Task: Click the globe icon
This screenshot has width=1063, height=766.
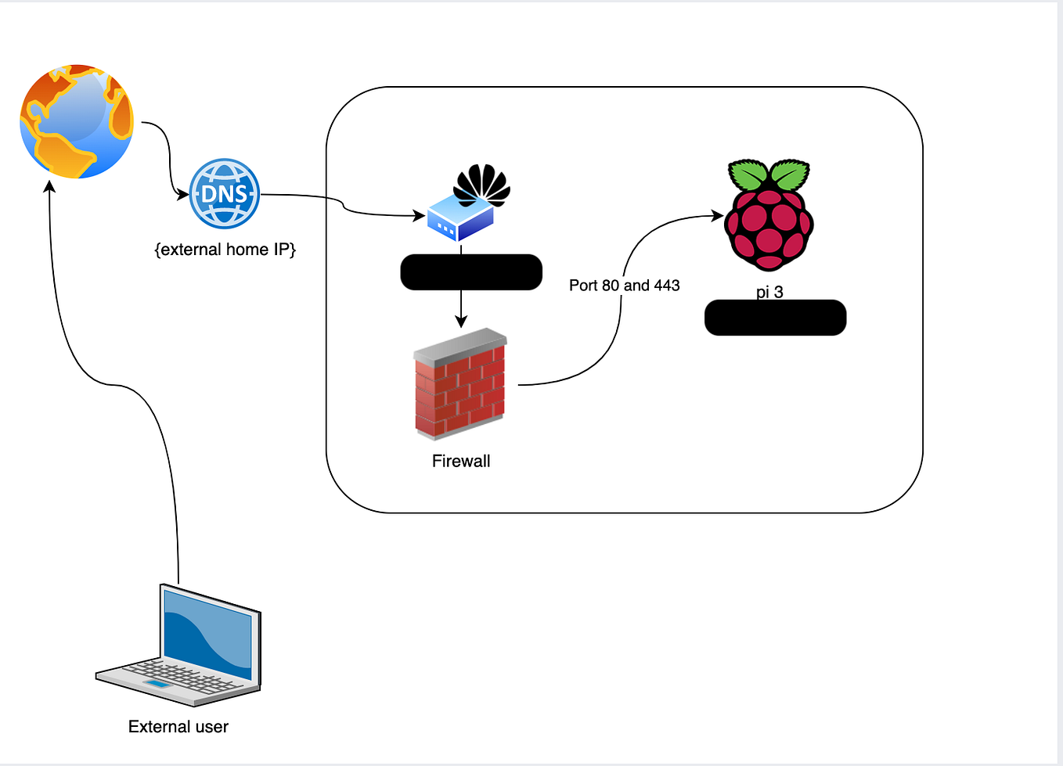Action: pyautogui.click(x=77, y=122)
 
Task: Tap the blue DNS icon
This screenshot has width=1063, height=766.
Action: pyautogui.click(x=225, y=193)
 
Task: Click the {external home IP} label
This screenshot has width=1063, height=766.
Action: pyautogui.click(x=225, y=250)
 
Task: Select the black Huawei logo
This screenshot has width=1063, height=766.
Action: pyautogui.click(x=481, y=184)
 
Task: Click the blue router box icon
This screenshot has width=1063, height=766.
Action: pyautogui.click(x=460, y=218)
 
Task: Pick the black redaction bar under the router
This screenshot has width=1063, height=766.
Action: pyautogui.click(x=471, y=272)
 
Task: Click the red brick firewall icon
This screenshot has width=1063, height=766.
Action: pyautogui.click(x=460, y=384)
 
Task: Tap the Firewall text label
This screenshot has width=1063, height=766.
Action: pyautogui.click(x=461, y=461)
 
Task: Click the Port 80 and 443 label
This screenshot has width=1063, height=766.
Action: pyautogui.click(x=624, y=286)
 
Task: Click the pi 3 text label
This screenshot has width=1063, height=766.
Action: pyautogui.click(x=769, y=292)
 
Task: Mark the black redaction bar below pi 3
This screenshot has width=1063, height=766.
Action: pyautogui.click(x=775, y=318)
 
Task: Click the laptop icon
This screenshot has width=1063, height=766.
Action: pyautogui.click(x=178, y=646)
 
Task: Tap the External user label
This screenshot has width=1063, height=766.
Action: pyautogui.click(x=178, y=727)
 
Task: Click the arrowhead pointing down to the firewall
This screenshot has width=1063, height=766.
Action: pyautogui.click(x=461, y=321)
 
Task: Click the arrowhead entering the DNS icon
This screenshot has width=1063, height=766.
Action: pyautogui.click(x=183, y=194)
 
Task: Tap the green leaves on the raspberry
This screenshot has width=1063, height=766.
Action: pyautogui.click(x=769, y=174)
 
